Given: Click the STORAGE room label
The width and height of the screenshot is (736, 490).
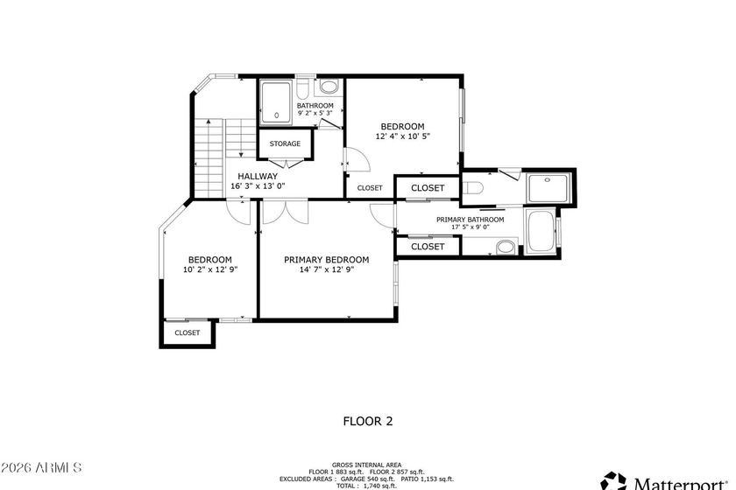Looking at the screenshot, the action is (x=285, y=143).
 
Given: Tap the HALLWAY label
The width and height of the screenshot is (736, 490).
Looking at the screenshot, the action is (x=258, y=176).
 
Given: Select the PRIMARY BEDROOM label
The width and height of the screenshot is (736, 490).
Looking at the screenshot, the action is (x=326, y=260).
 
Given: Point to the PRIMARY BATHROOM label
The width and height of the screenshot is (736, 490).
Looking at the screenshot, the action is (x=471, y=220).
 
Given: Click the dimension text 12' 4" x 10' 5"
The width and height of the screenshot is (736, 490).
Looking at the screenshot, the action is (x=403, y=136).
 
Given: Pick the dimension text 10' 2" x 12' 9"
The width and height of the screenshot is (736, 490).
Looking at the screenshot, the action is (x=210, y=269).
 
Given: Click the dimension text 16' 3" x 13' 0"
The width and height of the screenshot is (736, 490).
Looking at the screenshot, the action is (x=258, y=186).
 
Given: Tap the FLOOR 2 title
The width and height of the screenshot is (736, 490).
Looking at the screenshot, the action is (x=368, y=421).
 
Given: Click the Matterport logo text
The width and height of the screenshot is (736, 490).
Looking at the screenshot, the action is (x=681, y=483).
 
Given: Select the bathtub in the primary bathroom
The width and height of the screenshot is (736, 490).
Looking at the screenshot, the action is (x=541, y=231).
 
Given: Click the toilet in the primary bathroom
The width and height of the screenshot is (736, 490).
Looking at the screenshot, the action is (x=472, y=188).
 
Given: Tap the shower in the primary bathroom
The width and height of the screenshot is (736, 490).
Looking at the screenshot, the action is (x=548, y=188).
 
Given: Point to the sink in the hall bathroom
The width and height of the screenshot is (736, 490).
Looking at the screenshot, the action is (x=329, y=87).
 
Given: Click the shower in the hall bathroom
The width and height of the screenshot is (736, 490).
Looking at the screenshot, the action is (x=276, y=103).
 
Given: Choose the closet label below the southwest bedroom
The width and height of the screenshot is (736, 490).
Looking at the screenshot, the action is (x=188, y=332).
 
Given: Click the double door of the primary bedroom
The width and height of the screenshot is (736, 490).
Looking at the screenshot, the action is (x=285, y=212).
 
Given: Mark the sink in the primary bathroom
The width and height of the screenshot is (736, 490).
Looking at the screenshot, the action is (x=506, y=247).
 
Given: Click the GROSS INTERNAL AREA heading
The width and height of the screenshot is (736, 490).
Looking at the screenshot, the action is (x=366, y=465).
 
